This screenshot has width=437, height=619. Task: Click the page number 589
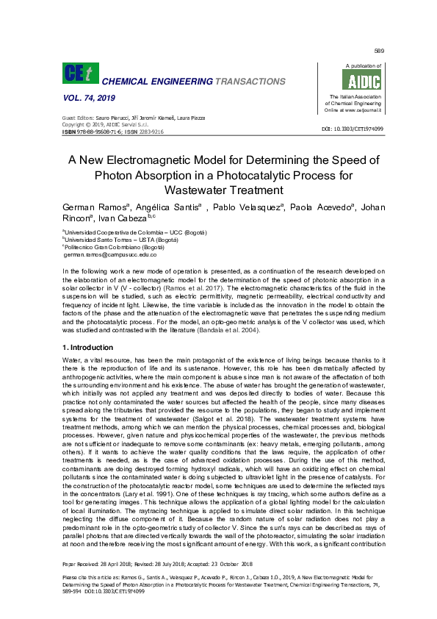click(x=379, y=51)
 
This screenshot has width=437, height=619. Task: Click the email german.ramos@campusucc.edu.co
click(x=110, y=254)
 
